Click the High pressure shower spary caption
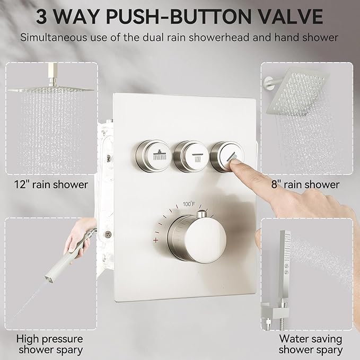[x=50, y=344]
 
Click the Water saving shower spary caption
[x=310, y=344]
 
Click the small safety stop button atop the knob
[x=201, y=214]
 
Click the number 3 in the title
[x=45, y=16]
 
